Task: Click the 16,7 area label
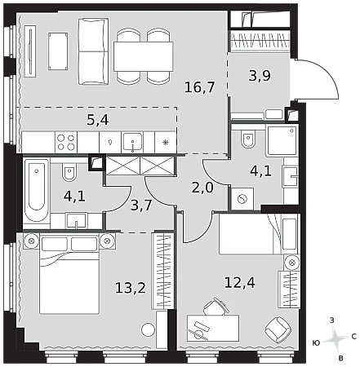[x=200, y=87]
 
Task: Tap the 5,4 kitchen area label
[x=98, y=120]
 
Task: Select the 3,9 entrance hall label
[x=260, y=76]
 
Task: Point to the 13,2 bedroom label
[x=131, y=288]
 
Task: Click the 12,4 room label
[x=239, y=282]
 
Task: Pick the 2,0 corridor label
[x=202, y=188]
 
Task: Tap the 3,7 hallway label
[x=141, y=205]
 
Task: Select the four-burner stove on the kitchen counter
[x=66, y=143]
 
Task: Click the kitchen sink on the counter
[x=132, y=142]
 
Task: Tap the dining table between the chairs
[x=144, y=56]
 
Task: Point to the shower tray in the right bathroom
[x=282, y=140]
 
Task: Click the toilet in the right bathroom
[x=248, y=138]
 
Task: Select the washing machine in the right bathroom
[x=242, y=199]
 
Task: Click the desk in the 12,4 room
[x=213, y=328]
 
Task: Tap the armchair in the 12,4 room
[x=278, y=329]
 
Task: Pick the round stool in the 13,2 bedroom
[x=148, y=329]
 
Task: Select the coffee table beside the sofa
[x=58, y=51]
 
